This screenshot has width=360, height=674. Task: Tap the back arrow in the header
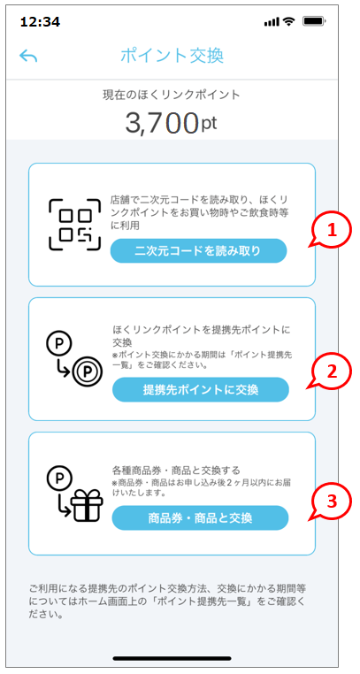(28, 57)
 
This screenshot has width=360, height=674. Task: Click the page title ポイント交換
(172, 57)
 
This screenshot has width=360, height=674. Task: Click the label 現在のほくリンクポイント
(171, 95)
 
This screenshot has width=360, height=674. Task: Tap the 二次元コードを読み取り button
(198, 250)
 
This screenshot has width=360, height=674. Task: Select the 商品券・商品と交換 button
(200, 518)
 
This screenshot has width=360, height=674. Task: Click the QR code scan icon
(74, 224)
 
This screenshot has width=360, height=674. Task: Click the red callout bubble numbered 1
(330, 231)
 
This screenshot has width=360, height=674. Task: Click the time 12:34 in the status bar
(40, 21)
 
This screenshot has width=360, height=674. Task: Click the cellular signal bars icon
(272, 21)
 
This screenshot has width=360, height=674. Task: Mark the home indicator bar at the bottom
(172, 659)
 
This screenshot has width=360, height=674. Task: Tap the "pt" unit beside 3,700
(209, 123)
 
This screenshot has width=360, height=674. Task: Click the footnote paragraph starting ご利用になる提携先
(167, 601)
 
